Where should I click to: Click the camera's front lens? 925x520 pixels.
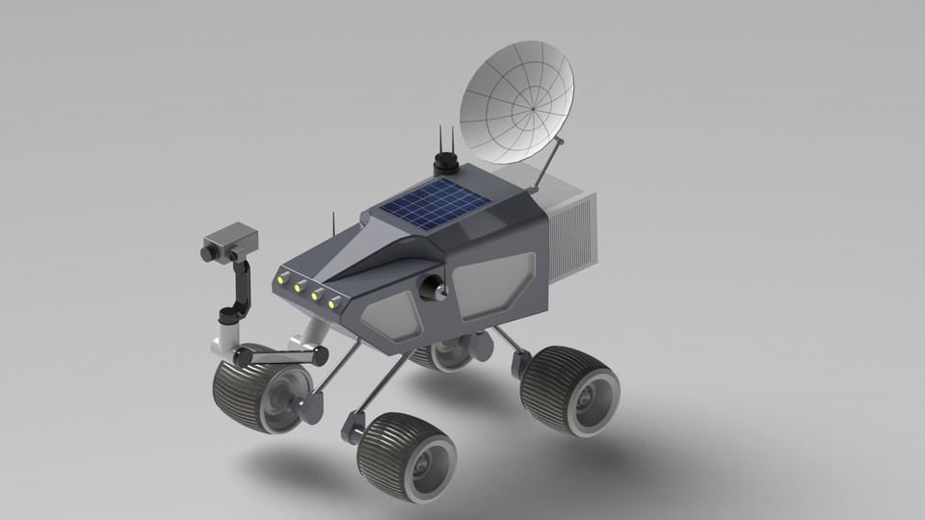pos(206,252)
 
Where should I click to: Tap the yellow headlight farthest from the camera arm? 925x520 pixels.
pos(334,304)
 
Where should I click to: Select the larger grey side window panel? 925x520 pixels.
pos(491,281)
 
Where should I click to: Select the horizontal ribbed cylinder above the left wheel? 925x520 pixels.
pos(277,355)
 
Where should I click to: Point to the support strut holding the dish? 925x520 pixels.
pos(545,164)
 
